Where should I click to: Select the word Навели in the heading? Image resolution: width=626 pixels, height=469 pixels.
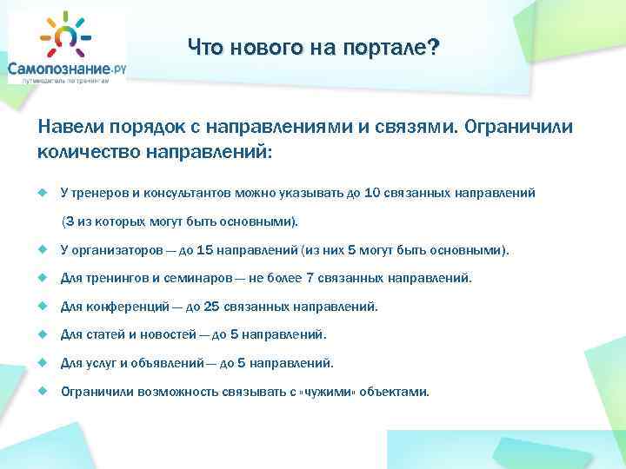click(x=65, y=128)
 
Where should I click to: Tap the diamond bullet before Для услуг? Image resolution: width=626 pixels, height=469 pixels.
click(x=42, y=363)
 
